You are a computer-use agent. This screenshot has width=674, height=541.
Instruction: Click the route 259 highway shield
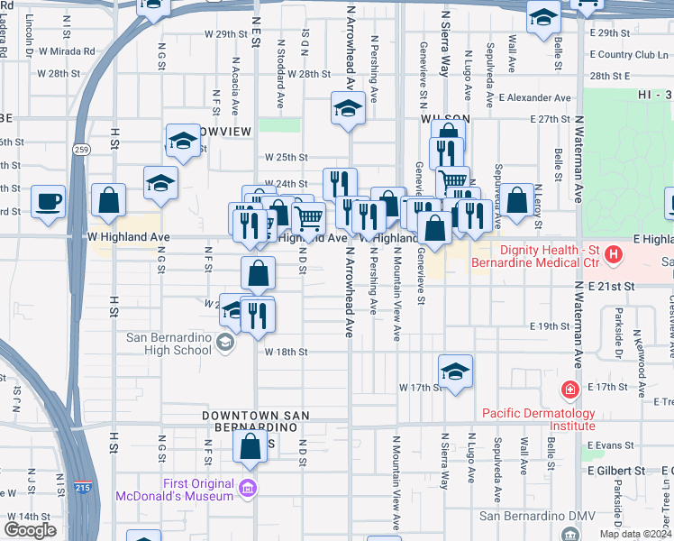pyautogui.click(x=82, y=150)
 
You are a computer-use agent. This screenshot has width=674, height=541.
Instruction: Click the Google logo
pyautogui.click(x=30, y=530)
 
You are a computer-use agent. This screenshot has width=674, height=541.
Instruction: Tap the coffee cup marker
pyautogui.click(x=48, y=201)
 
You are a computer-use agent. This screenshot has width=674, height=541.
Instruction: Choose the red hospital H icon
pyautogui.click(x=614, y=255)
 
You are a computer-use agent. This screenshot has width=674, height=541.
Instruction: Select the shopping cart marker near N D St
pyautogui.click(x=309, y=218)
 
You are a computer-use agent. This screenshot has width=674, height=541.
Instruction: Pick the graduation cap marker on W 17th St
pyautogui.click(x=455, y=371)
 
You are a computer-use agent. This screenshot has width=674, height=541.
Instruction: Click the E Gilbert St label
pyautogui.click(x=616, y=471)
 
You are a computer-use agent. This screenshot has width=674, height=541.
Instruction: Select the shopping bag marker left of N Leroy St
pyautogui.click(x=516, y=202)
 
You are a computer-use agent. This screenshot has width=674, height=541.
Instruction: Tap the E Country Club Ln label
pyautogui.click(x=630, y=55)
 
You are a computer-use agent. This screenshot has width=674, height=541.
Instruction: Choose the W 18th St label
pyautogui.click(x=287, y=353)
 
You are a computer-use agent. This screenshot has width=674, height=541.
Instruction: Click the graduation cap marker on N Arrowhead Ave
pyautogui.click(x=348, y=109)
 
